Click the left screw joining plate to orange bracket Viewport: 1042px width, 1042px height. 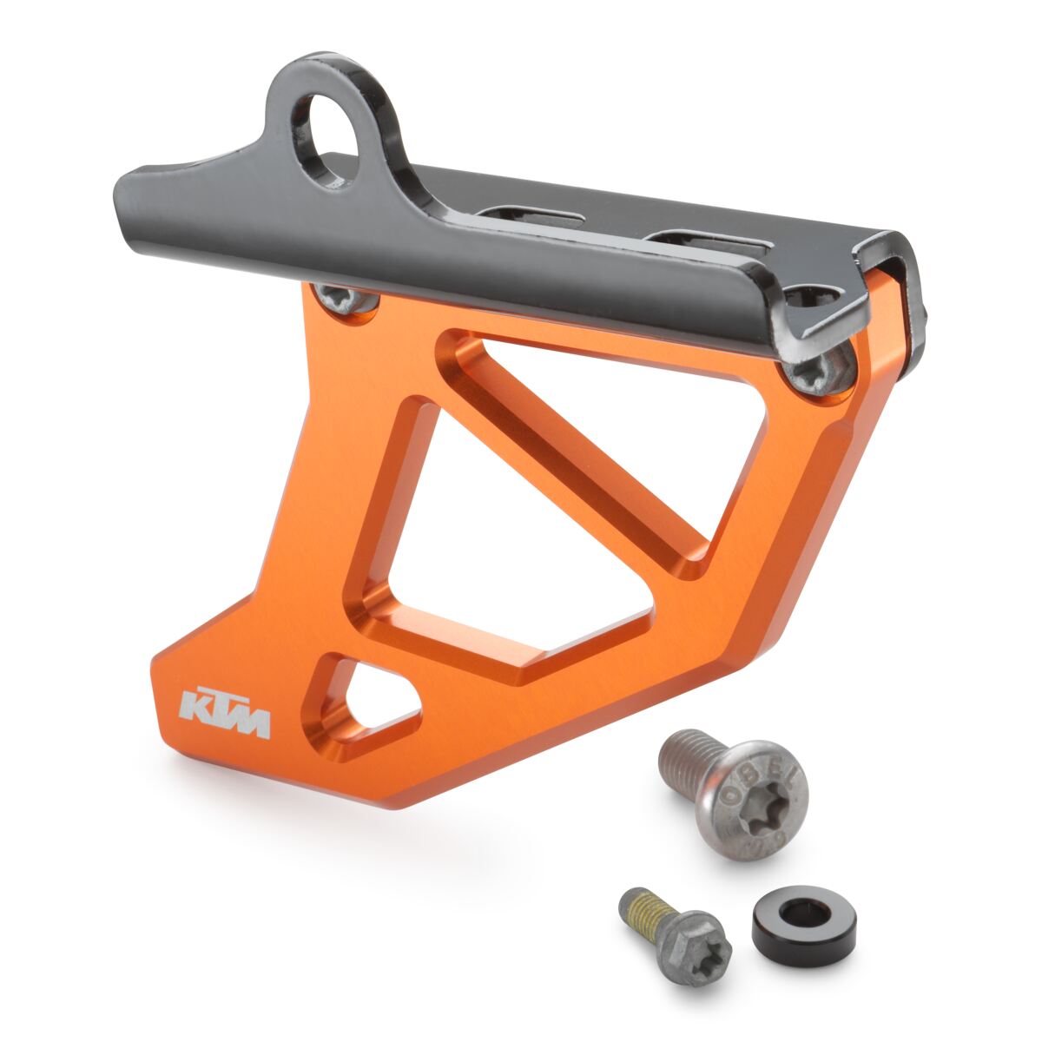pos(346,300)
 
